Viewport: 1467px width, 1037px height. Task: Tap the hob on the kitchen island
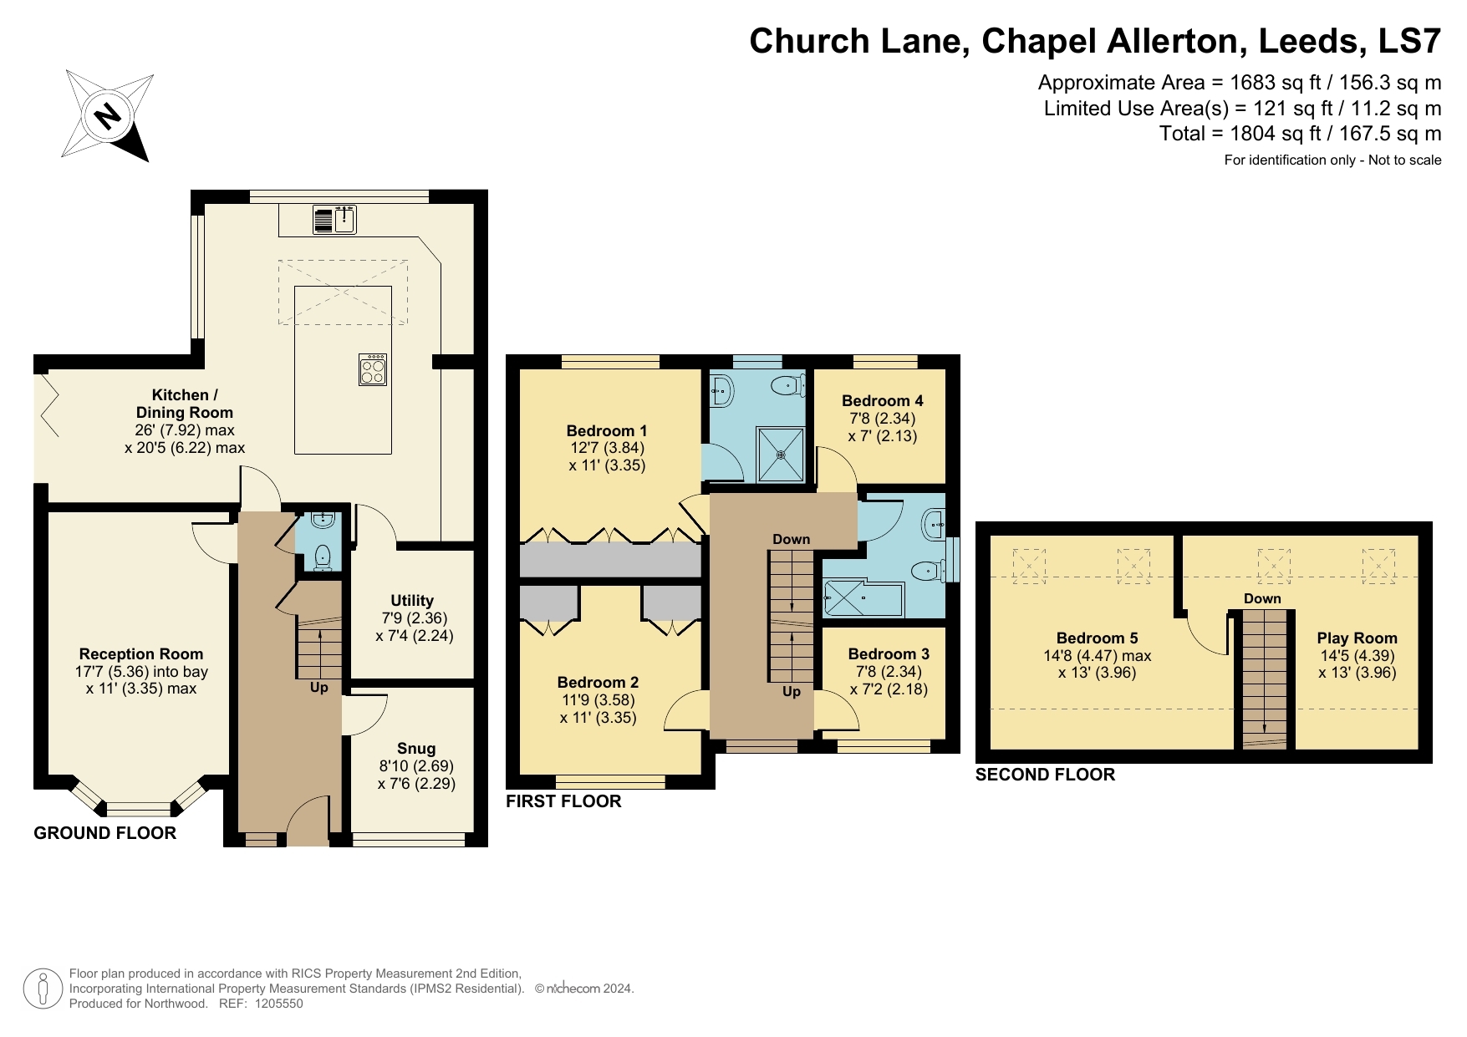click(x=373, y=369)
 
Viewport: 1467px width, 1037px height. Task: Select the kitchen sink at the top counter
click(x=345, y=220)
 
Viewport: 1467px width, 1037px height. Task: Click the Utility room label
click(x=412, y=601)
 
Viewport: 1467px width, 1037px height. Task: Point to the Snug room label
click(x=416, y=749)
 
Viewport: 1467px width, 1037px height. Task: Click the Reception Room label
click(x=141, y=654)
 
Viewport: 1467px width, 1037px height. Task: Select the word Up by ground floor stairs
click(x=319, y=688)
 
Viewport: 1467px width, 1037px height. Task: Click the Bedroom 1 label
click(x=607, y=431)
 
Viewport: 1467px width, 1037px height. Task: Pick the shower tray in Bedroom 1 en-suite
click(x=781, y=455)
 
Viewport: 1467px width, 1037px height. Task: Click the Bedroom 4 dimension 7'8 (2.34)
click(x=883, y=419)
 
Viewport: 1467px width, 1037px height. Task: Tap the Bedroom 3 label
click(x=889, y=654)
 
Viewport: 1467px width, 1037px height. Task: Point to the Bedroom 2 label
click(x=598, y=683)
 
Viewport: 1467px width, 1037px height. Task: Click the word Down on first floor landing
click(x=792, y=540)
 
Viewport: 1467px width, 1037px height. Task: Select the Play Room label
click(x=1357, y=638)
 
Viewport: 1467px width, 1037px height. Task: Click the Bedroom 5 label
click(x=1098, y=638)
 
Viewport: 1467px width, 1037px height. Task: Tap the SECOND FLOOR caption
click(x=1045, y=775)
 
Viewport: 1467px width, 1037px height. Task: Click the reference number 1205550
click(x=279, y=1004)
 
